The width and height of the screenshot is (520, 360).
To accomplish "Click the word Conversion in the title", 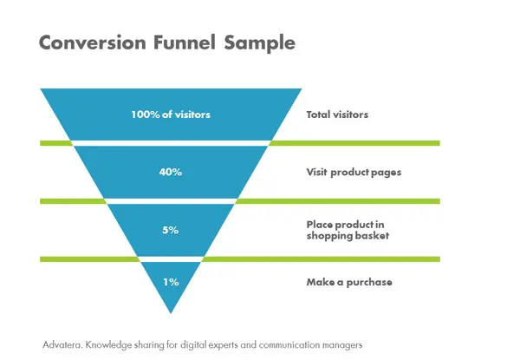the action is [x=93, y=43].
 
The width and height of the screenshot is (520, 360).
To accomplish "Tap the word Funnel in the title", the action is [x=185, y=43].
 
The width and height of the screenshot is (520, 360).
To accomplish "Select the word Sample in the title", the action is [x=260, y=43].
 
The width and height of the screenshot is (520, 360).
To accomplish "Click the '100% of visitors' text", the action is [x=171, y=115].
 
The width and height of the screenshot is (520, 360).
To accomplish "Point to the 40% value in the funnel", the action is [x=171, y=172].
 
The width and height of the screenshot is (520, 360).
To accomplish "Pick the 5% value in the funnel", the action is [x=171, y=230].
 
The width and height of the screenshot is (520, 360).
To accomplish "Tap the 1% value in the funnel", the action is [x=171, y=282].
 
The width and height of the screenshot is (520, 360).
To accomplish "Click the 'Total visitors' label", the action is [x=337, y=115].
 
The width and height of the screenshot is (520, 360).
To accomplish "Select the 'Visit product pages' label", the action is [x=354, y=173].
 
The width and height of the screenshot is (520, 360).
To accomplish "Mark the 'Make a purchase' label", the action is [x=349, y=282].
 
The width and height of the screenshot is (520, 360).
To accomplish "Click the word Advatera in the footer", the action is [x=62, y=344].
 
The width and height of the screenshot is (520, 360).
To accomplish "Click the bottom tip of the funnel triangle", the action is [x=171, y=313].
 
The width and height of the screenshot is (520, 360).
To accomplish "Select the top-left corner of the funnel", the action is [x=41, y=88].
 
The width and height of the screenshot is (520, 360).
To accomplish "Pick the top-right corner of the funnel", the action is [x=302, y=88].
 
